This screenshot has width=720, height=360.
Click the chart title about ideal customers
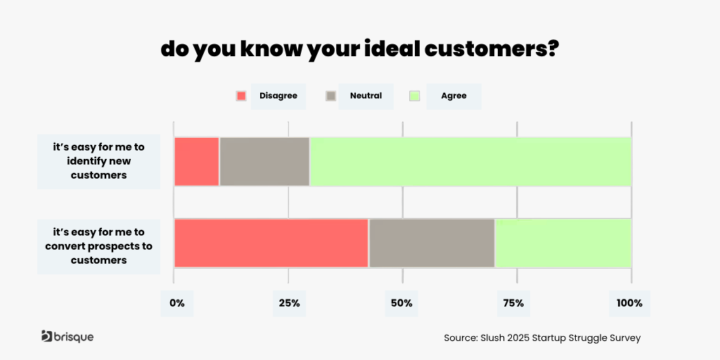359,49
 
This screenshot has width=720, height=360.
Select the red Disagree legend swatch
241,96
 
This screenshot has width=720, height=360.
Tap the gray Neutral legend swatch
330,96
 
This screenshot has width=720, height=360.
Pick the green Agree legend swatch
414,96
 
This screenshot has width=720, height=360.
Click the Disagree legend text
278,96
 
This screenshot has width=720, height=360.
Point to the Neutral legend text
366,96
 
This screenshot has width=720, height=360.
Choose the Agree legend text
454,96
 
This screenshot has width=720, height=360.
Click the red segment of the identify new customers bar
197,162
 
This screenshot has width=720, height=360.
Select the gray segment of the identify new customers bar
264,162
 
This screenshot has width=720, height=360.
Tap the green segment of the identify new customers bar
470,162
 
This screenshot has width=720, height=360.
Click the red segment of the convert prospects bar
271,243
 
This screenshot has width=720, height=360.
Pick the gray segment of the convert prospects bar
432,243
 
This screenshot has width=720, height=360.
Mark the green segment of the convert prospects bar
563,243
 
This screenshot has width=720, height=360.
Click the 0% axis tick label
176,304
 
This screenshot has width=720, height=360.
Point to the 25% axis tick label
289,304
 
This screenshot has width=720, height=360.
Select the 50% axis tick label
401,304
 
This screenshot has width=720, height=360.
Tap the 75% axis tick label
513,304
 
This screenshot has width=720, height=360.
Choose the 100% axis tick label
629,304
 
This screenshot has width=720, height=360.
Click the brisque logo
67,337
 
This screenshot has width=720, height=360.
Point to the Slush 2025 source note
542,337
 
